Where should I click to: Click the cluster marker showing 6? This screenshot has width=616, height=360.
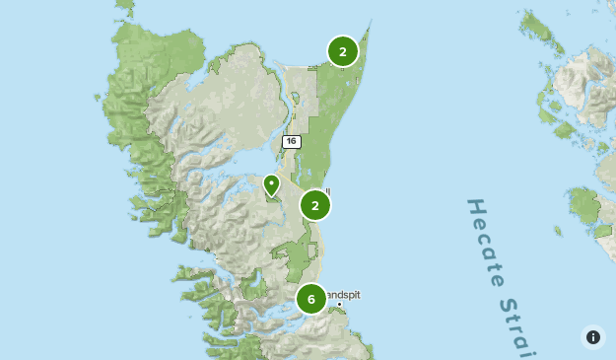click(311, 298)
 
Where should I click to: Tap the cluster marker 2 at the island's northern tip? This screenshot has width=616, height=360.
click(343, 51)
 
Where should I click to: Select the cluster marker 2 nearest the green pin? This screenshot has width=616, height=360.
click(315, 204)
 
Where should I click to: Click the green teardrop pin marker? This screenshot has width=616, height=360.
click(271, 184)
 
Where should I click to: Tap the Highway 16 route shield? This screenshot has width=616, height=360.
click(291, 142)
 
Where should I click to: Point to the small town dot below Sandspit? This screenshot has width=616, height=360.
click(339, 304)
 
